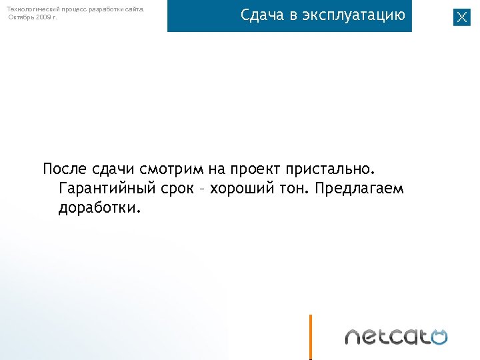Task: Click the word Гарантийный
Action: pos(107,189)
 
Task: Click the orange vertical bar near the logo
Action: pos(311,336)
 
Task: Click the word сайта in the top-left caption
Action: pos(133,9)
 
